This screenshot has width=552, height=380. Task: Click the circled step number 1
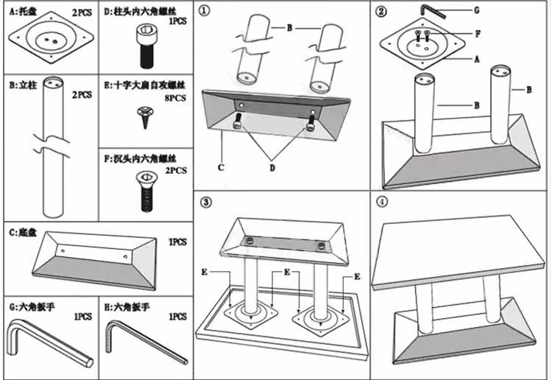(205, 12)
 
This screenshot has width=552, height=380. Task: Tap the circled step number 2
(381, 12)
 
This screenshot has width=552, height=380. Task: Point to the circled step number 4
(381, 202)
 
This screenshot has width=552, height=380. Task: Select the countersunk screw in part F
(144, 193)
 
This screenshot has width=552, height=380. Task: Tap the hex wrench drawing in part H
(144, 343)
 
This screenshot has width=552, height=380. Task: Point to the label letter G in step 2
(476, 10)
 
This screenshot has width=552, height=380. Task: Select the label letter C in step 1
(220, 166)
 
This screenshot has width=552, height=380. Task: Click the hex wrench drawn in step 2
(434, 10)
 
